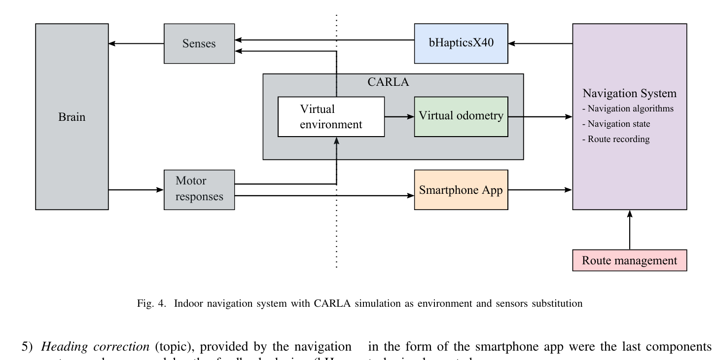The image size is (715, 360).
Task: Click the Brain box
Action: (72, 117)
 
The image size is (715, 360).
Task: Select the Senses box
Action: (199, 43)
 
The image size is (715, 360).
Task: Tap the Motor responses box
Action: (199, 189)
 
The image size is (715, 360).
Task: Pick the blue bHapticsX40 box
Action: (461, 43)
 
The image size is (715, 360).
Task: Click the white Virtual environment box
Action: (331, 117)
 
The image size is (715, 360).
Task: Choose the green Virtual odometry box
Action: (461, 116)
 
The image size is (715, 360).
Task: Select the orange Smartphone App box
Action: (461, 190)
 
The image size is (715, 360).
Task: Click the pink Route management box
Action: (629, 260)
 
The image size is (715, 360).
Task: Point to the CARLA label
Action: (389, 82)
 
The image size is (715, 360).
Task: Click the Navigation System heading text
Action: (629, 94)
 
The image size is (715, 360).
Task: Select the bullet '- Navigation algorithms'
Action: (628, 109)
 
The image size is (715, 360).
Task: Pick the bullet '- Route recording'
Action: (616, 139)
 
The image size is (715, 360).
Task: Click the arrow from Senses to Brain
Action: (136, 43)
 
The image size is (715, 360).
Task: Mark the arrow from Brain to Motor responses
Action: (136, 189)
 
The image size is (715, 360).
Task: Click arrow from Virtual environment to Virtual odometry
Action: (399, 117)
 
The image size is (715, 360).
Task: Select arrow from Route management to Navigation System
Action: (630, 230)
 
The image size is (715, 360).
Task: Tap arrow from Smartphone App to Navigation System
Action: (540, 189)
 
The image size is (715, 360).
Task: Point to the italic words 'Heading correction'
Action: (95, 347)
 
